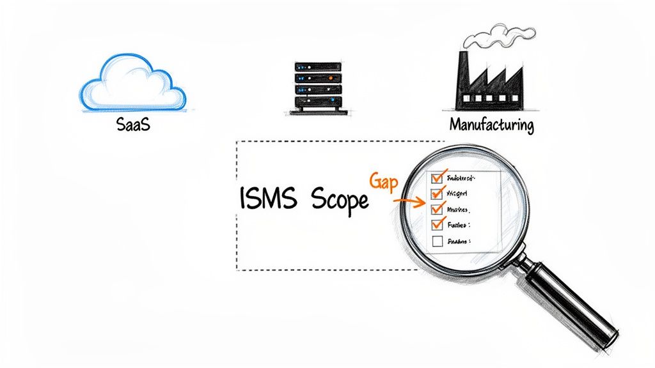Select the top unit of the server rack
317,66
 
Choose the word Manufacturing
491,125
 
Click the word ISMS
269,199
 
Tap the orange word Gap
384,181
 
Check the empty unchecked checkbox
438,241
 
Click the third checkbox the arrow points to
438,208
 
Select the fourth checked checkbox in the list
438,224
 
